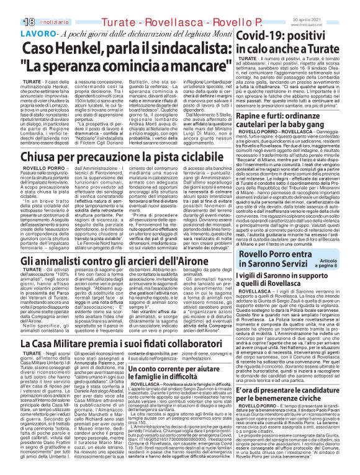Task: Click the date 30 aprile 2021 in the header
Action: pos(338,4)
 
